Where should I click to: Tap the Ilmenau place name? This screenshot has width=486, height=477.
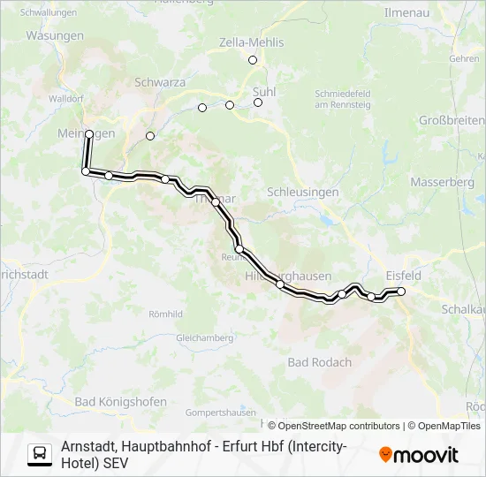tap(407, 13)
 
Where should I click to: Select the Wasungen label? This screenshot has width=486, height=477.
tap(55, 36)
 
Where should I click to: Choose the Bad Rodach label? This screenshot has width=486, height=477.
tap(320, 362)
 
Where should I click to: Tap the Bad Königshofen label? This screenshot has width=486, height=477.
tap(121, 402)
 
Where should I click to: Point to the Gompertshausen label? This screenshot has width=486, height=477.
tap(221, 413)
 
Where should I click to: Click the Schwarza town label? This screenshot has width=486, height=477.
tap(159, 81)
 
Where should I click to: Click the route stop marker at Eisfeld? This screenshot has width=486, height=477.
tap(401, 291)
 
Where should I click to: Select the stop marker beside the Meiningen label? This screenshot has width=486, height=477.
tap(89, 133)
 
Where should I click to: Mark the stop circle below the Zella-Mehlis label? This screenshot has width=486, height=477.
tap(253, 60)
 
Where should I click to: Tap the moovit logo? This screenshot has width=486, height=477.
tap(419, 455)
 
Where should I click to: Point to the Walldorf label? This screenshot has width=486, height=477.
tap(66, 99)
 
